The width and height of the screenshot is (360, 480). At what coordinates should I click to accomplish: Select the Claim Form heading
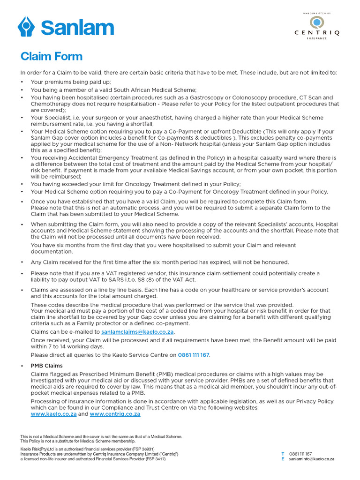(52, 57)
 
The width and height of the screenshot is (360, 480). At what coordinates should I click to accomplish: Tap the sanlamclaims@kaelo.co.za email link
(137, 332)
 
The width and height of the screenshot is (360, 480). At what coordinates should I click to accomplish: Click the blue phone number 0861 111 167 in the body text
(194, 355)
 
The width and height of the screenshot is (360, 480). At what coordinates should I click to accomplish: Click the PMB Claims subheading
(46, 366)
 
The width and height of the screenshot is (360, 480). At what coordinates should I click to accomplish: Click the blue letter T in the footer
(282, 454)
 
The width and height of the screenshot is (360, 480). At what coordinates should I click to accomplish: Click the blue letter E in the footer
(282, 459)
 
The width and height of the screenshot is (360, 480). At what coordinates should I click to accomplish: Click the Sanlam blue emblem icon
(26, 26)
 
